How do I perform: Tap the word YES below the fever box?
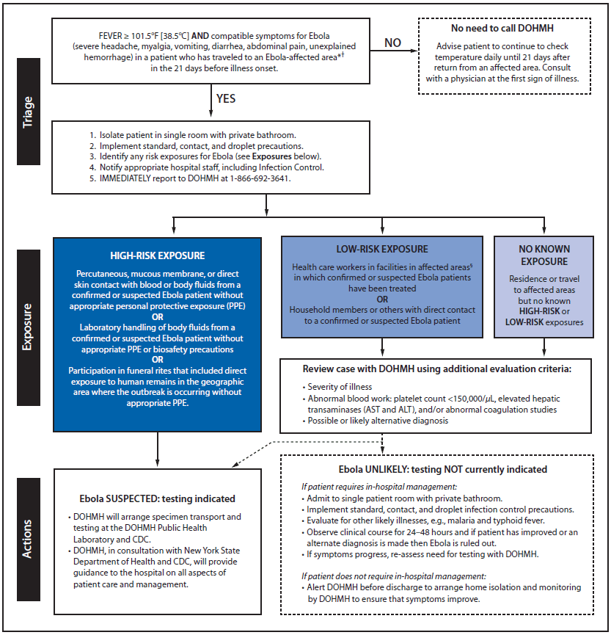click(x=226, y=98)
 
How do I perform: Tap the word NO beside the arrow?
click(x=393, y=43)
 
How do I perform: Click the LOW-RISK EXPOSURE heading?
click(x=381, y=250)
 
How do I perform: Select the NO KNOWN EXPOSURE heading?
click(x=544, y=255)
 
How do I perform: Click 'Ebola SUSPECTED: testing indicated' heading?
click(x=157, y=498)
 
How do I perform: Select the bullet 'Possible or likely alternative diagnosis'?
click(x=379, y=420)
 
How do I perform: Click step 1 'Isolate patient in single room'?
click(x=193, y=136)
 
